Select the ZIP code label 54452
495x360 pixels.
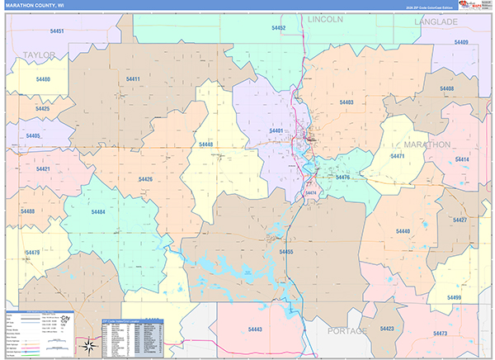[x=278, y=28]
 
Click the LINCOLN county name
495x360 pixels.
[x=325, y=18]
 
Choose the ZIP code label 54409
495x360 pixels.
[x=460, y=42]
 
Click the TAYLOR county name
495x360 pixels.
[x=39, y=55]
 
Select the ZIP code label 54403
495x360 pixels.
[x=346, y=102]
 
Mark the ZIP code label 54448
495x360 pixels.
[x=205, y=144]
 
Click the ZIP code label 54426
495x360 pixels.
[x=145, y=179]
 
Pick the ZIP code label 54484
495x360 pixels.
[x=97, y=212]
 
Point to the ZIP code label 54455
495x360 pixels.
[x=286, y=252]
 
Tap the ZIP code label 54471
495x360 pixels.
[x=398, y=156]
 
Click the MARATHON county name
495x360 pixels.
[x=427, y=144]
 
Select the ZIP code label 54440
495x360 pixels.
[x=403, y=232]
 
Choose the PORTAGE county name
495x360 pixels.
[x=346, y=330]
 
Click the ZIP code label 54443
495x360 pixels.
[x=255, y=329]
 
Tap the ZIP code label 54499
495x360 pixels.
[x=455, y=296]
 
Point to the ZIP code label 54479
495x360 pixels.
[x=33, y=253]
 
